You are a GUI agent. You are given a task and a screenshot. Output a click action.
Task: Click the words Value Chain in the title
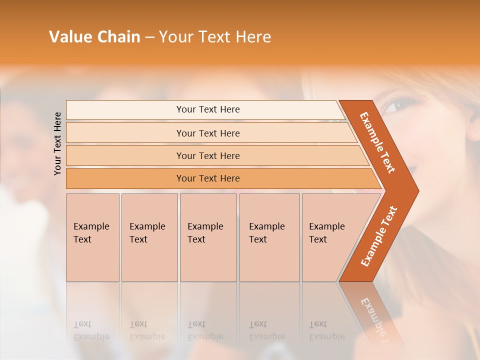tap(94, 36)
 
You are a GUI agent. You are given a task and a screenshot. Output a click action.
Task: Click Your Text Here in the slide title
tap(215, 36)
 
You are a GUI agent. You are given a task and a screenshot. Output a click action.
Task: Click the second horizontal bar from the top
tap(207, 133)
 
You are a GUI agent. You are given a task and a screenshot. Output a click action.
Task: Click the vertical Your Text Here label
tap(57, 143)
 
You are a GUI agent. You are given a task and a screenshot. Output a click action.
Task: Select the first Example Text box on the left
tap(92, 237)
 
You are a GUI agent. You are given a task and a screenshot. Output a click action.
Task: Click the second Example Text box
tap(149, 237)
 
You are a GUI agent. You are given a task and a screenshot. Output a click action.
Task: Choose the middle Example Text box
tap(208, 237)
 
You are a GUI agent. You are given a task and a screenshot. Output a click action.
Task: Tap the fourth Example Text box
tap(269, 237)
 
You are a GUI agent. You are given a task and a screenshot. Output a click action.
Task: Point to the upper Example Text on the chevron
tap(377, 142)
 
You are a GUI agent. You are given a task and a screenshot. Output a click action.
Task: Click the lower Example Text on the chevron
tap(379, 236)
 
